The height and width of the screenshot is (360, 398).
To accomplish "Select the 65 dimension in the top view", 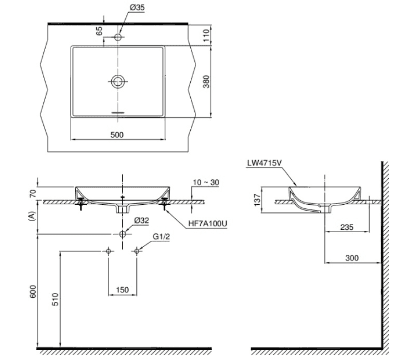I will click(x=99, y=31).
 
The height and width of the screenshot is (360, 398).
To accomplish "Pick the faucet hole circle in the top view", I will click(x=118, y=37).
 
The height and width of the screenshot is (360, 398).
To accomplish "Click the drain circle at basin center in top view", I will click(x=118, y=81).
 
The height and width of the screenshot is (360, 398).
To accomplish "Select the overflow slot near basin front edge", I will click(x=118, y=113).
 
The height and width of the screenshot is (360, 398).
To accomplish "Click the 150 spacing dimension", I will click(x=122, y=289).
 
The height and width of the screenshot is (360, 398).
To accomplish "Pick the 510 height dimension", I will click(x=56, y=299).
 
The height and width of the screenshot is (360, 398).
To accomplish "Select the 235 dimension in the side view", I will click(x=346, y=227).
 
